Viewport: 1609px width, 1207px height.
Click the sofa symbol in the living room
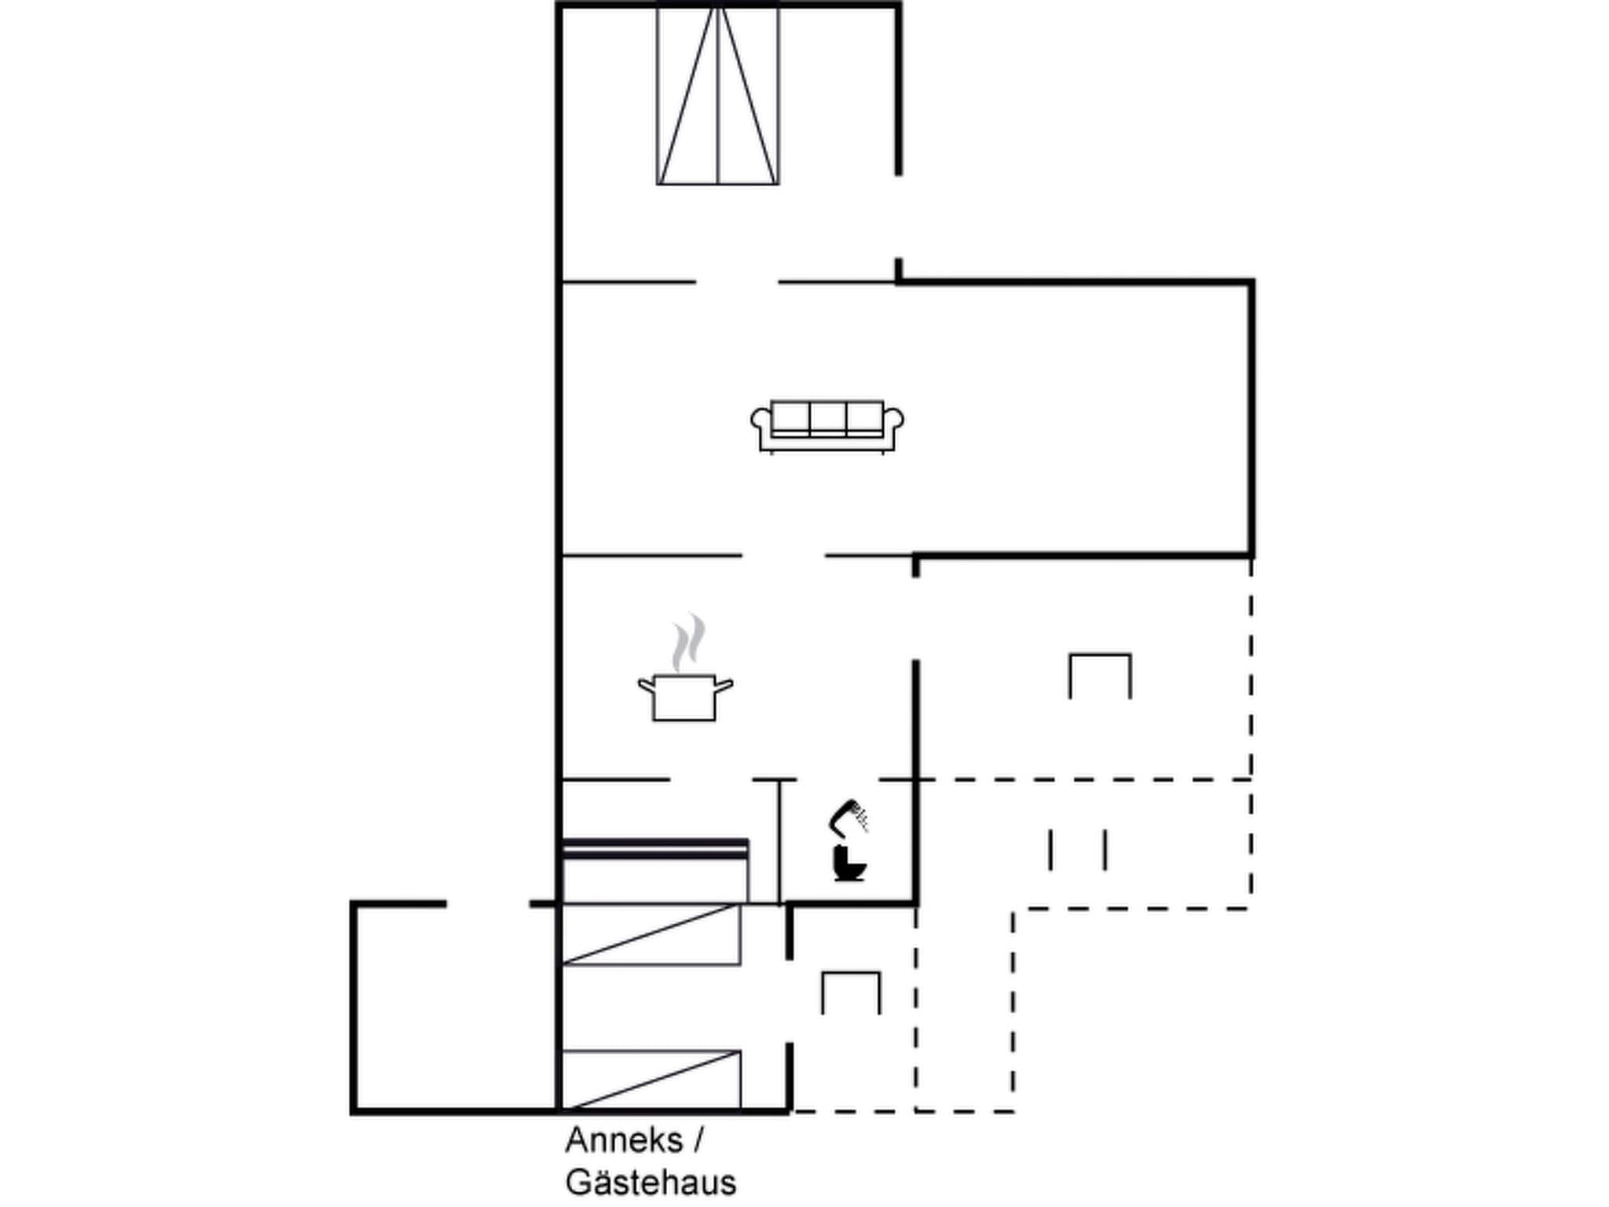click(827, 427)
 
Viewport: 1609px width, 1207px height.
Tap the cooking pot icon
click(684, 696)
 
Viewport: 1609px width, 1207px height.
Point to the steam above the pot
click(689, 643)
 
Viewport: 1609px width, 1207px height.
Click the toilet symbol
click(848, 864)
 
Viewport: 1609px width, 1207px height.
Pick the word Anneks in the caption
click(624, 1140)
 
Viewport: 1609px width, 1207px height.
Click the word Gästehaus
click(651, 1183)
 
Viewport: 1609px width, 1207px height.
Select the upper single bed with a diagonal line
click(651, 934)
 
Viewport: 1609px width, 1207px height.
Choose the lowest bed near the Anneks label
click(651, 1080)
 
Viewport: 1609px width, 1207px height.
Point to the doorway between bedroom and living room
click(737, 281)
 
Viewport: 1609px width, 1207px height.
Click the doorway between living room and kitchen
click(783, 556)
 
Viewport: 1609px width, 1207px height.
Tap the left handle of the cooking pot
click(646, 685)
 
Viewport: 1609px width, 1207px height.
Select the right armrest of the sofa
click(894, 418)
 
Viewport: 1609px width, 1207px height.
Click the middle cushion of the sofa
click(827, 417)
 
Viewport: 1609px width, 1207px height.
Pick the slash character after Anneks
click(698, 1140)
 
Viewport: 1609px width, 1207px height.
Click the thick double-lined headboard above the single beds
click(655, 847)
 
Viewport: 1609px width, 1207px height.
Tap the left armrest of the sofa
click(761, 418)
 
